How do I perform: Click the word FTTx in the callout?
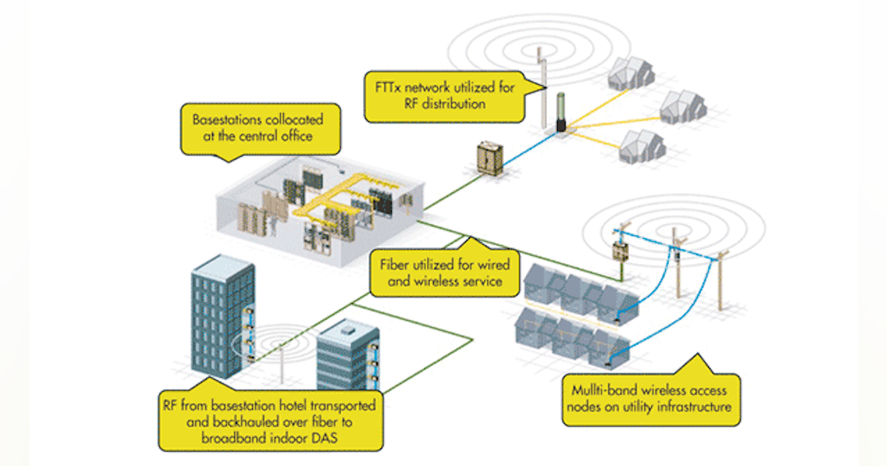pyautogui.click(x=388, y=88)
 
